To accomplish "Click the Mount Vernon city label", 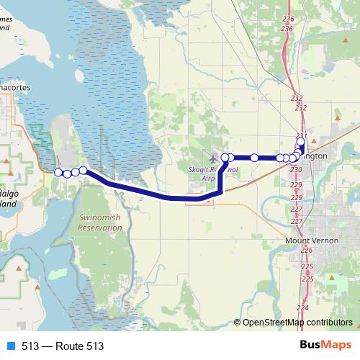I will tap(307, 240).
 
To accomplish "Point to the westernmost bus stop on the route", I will tap(58, 171).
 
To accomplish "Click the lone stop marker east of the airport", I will tap(254, 157).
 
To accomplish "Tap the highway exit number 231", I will tap(301, 136).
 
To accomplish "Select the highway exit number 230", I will tap(296, 169).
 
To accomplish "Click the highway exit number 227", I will tap(296, 209).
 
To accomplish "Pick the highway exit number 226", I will tap(307, 250).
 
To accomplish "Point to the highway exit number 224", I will tap(302, 307).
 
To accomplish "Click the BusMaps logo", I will tap(325, 346).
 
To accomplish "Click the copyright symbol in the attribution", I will tap(238, 323).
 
